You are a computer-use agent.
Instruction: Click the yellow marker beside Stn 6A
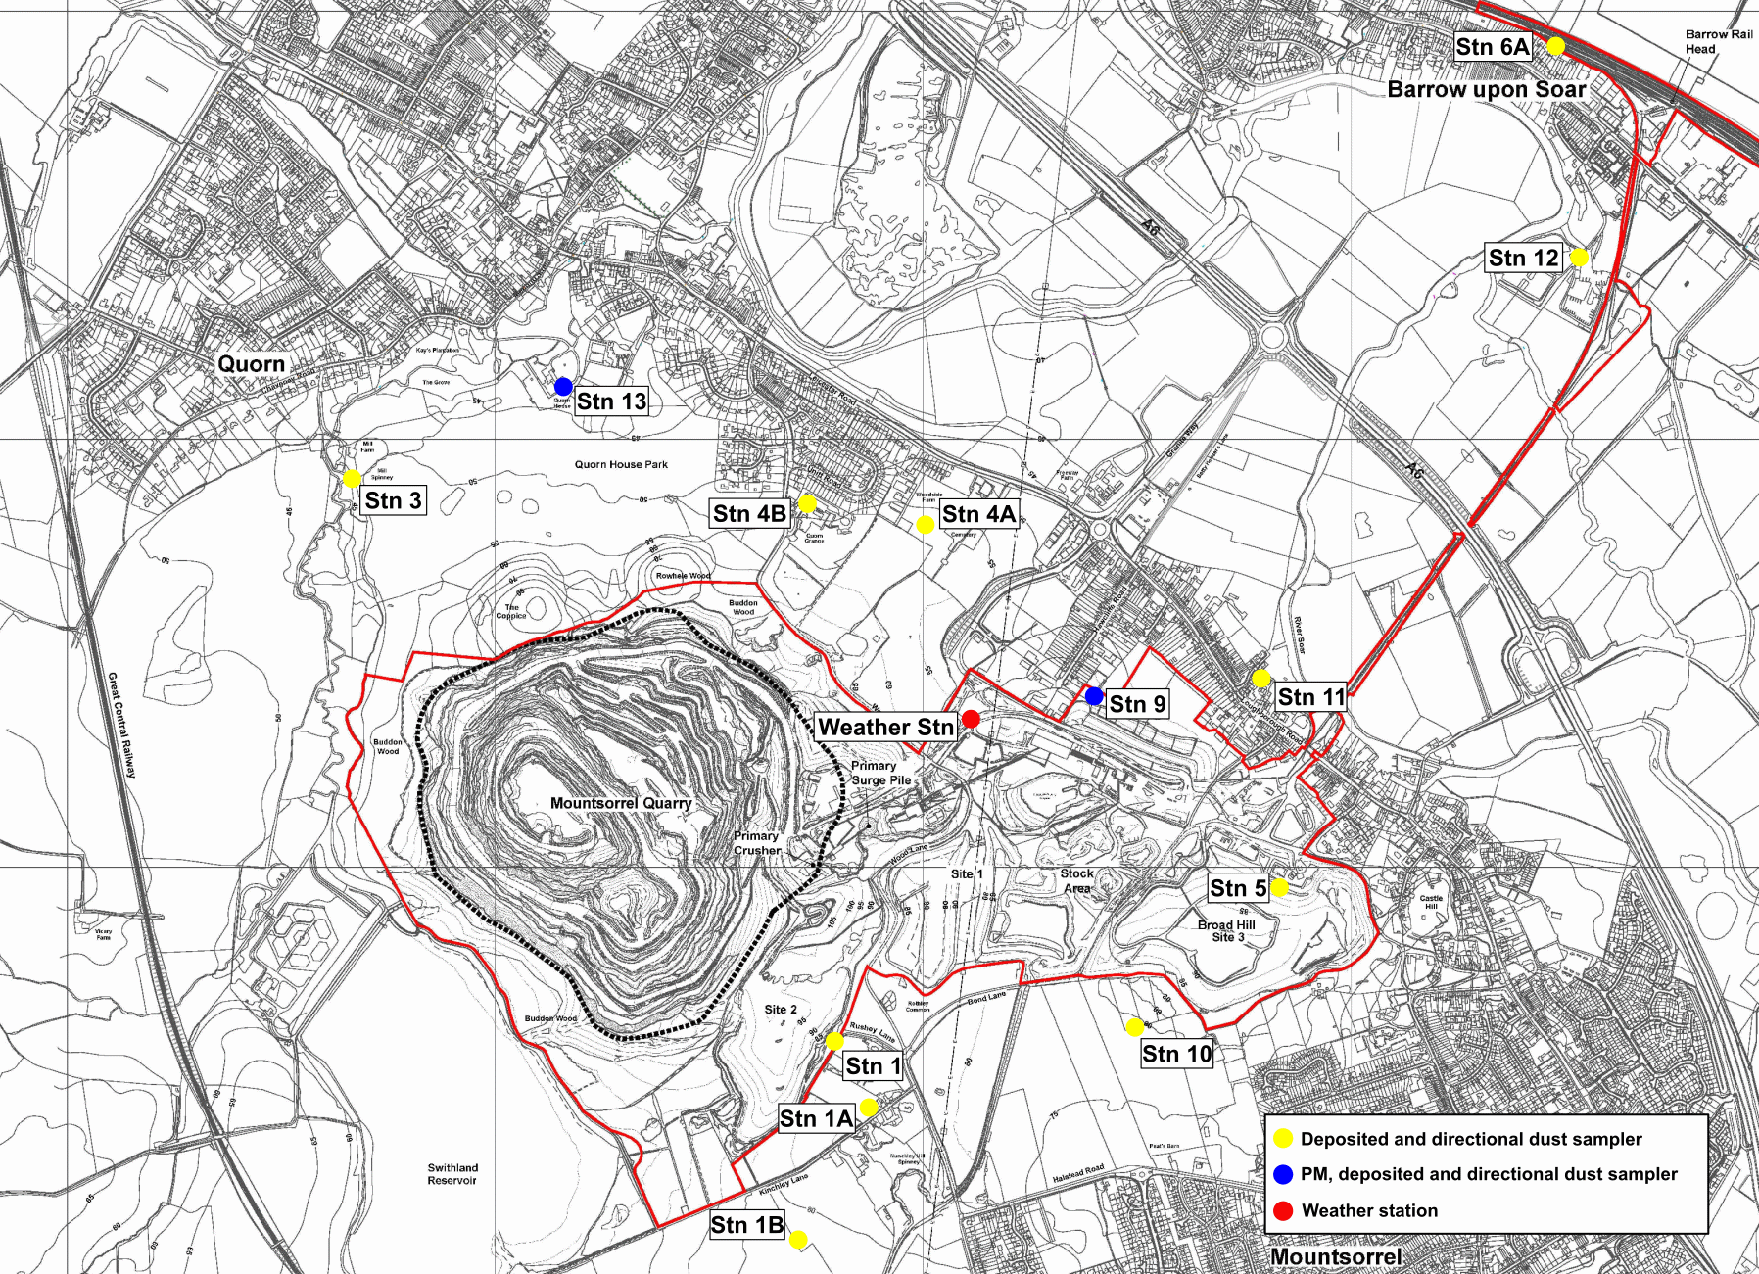(x=1555, y=46)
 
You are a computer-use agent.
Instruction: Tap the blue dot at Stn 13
(x=563, y=386)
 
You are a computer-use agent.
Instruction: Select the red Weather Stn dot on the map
(x=971, y=719)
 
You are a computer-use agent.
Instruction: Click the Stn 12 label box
(x=1523, y=258)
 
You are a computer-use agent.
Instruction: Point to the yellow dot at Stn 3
(x=352, y=479)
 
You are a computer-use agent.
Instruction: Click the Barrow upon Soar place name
(x=1486, y=90)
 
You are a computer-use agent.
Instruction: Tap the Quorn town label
(x=251, y=364)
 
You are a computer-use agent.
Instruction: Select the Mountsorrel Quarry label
(x=621, y=803)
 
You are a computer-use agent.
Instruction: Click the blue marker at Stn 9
(x=1094, y=696)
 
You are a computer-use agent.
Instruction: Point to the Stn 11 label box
(x=1310, y=697)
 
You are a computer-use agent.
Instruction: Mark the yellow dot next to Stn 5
(x=1279, y=887)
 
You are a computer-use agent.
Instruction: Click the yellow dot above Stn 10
(x=1134, y=1027)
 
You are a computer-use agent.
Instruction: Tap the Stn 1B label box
(x=746, y=1225)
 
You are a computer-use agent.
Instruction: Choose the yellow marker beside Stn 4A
(x=925, y=525)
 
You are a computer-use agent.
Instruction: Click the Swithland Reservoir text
(x=452, y=1174)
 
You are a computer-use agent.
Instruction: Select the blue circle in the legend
(x=1283, y=1174)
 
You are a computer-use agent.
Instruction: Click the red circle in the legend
(x=1283, y=1210)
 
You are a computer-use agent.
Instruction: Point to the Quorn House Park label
(x=621, y=464)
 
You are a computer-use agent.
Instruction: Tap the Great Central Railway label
(x=121, y=725)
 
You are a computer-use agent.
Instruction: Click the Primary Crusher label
(x=757, y=843)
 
